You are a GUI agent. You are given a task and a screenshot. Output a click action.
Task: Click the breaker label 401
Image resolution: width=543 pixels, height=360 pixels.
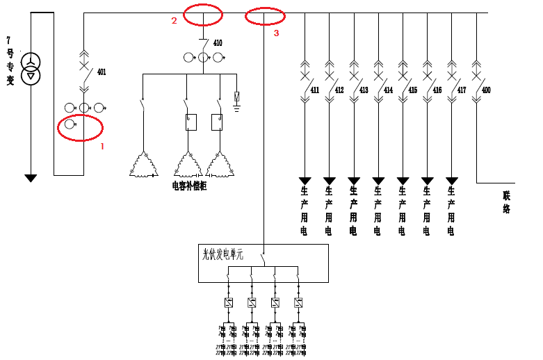click(102, 72)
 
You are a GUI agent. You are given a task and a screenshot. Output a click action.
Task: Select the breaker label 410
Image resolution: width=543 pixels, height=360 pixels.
click(218, 43)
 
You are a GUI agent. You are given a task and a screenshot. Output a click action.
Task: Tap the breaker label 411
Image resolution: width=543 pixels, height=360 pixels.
click(315, 90)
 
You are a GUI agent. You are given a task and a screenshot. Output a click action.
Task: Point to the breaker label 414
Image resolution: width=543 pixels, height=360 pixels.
click(388, 90)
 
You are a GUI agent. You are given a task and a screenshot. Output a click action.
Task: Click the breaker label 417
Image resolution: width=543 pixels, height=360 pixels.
click(462, 90)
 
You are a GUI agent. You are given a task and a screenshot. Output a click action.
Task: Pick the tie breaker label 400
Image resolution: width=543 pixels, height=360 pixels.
click(486, 90)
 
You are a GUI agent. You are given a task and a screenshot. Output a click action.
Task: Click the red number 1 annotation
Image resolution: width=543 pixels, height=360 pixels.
click(102, 147)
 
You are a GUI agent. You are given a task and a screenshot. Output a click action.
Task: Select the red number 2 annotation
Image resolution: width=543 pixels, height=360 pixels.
click(175, 20)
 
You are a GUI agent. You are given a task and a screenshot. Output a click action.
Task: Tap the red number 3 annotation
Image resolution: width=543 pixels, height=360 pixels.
click(276, 33)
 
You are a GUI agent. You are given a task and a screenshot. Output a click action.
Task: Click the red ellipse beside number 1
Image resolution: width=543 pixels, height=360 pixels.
click(80, 128)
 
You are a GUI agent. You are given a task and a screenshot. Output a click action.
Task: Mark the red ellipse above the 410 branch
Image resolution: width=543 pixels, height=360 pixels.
click(203, 13)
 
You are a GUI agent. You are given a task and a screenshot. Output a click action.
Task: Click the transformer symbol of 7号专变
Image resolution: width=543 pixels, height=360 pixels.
click(31, 68)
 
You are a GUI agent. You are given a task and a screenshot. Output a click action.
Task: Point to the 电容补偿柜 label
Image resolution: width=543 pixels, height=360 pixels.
click(189, 186)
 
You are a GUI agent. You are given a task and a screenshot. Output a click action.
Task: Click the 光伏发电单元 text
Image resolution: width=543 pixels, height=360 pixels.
click(222, 254)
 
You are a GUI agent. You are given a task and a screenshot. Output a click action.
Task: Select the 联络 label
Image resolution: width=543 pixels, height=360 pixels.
click(507, 202)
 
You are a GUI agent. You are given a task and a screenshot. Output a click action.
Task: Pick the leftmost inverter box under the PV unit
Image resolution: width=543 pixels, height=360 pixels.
click(228, 303)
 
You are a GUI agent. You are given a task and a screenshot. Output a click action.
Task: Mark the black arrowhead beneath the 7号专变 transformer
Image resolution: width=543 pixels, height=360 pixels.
click(31, 179)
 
